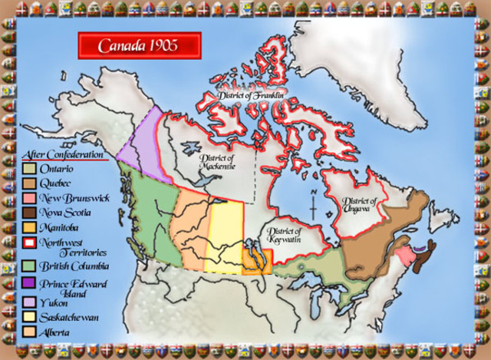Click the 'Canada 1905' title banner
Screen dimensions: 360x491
tap(139, 45)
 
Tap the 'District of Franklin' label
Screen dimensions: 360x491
tap(251, 97)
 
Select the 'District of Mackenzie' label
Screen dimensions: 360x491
tap(216, 163)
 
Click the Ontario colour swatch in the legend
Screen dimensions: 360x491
tap(28, 168)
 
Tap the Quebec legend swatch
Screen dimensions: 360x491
tap(28, 183)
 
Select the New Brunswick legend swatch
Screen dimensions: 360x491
tap(28, 197)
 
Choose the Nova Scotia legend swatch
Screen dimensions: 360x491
tap(28, 212)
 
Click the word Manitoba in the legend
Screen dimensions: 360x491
tap(61, 227)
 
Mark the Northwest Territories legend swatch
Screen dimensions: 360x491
tap(28, 243)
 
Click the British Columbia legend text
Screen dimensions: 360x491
tap(74, 266)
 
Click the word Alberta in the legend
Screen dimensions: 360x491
tap(55, 332)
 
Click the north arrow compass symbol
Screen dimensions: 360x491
tap(314, 204)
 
